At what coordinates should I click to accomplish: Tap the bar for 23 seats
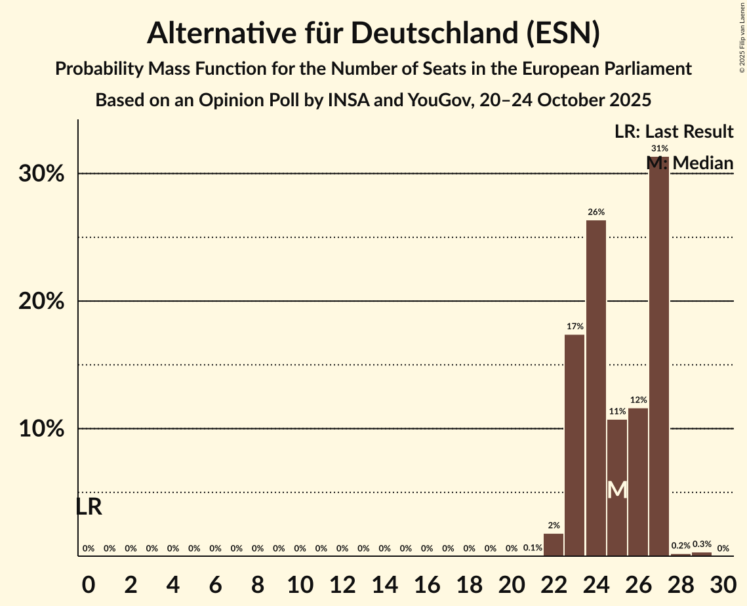tap(575, 445)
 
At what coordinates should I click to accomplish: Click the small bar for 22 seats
tap(554, 545)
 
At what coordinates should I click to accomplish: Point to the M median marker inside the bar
tap(617, 490)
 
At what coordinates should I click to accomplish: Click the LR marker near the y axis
tap(89, 507)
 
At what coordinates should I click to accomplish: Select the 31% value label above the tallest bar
tap(659, 149)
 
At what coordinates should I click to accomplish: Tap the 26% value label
tap(596, 212)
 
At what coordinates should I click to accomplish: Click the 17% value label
tap(575, 326)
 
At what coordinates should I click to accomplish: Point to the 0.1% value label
tap(533, 548)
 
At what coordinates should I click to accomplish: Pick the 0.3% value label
tap(702, 544)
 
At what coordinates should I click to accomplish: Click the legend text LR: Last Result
tap(674, 132)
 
